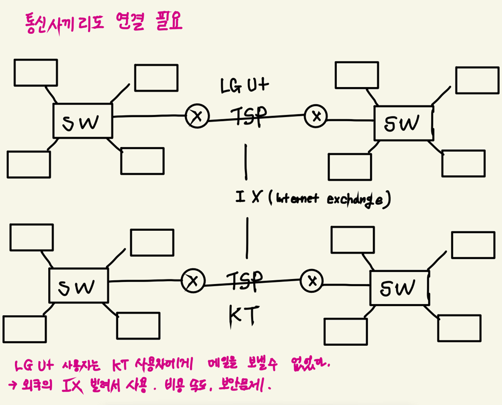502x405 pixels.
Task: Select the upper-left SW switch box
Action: click(83, 120)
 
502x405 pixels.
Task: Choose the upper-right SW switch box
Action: click(403, 122)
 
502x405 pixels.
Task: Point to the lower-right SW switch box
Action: click(399, 287)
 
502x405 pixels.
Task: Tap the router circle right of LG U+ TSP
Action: click(316, 116)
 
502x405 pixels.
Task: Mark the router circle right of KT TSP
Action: click(313, 281)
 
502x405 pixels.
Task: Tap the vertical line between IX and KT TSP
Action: click(247, 237)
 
